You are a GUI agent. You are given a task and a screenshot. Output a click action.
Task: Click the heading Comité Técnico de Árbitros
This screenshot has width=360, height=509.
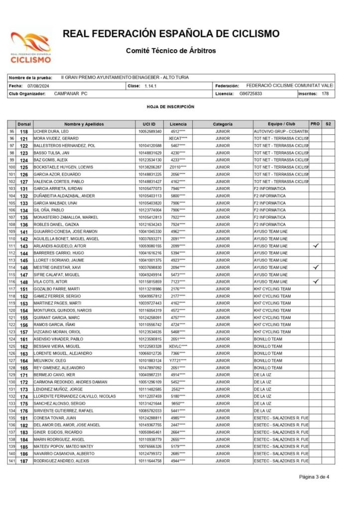[171, 51]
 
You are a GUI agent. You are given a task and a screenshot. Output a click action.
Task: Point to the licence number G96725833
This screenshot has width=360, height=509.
[250, 94]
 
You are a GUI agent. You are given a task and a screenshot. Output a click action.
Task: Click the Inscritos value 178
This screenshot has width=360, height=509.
[325, 94]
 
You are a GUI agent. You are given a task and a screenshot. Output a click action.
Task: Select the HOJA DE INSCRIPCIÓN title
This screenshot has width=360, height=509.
[171, 107]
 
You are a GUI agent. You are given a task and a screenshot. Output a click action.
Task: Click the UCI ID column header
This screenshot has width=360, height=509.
[149, 124]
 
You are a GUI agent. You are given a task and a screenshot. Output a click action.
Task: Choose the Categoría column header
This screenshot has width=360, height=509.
[223, 124]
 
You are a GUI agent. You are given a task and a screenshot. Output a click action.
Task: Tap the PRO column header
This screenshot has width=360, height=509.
[315, 124]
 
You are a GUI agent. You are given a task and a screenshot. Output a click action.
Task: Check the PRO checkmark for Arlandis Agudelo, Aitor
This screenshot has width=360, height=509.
[315, 246]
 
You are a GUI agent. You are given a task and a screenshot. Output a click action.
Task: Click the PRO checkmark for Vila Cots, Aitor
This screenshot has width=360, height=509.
[315, 282]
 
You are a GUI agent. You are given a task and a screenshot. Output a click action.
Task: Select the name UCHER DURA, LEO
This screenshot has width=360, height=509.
[52, 131]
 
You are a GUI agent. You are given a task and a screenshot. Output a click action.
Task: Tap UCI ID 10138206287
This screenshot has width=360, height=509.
[150, 167]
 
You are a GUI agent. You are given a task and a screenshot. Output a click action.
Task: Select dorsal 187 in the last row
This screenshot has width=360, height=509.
[23, 461]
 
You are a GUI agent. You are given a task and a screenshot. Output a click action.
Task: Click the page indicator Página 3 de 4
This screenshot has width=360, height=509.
[314, 477]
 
